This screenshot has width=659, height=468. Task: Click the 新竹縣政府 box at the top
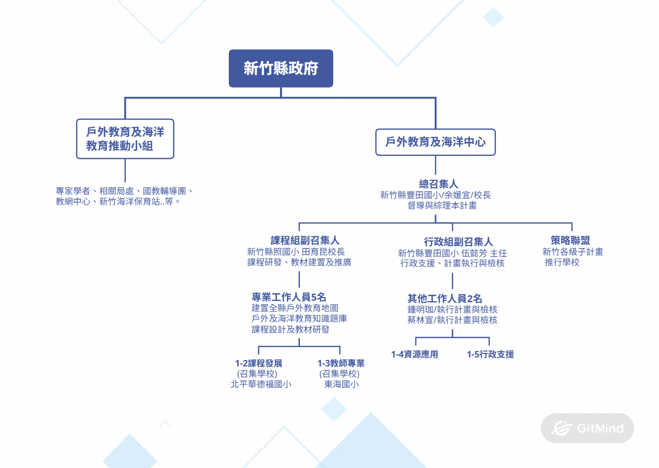[x=281, y=68]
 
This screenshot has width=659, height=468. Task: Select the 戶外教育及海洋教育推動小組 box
[x=125, y=139]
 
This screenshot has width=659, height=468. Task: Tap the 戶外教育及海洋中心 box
[x=435, y=142]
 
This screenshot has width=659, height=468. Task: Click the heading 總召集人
[x=438, y=184]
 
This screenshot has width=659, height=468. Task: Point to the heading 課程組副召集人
[x=305, y=241]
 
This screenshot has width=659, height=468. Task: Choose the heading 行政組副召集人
[x=458, y=242]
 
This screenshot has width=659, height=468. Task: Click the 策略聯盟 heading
[x=570, y=240]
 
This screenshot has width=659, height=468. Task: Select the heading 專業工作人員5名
[x=288, y=297]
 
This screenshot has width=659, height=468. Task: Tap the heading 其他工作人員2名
[x=445, y=298]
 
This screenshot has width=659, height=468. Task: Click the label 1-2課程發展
[x=259, y=363]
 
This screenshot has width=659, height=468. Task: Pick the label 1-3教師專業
[x=341, y=363]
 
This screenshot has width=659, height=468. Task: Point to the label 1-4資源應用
[x=414, y=354]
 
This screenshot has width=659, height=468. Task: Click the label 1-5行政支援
[x=490, y=354]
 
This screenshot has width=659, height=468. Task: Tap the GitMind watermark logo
[x=587, y=428]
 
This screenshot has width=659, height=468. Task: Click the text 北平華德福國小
[x=261, y=384]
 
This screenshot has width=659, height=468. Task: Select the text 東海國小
[x=341, y=384]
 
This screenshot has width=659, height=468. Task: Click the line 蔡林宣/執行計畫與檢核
[x=452, y=320]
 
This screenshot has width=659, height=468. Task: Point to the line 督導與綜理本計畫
[x=442, y=205]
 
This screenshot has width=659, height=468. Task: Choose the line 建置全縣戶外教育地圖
[x=295, y=308]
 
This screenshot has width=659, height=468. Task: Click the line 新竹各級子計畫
[x=572, y=252]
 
